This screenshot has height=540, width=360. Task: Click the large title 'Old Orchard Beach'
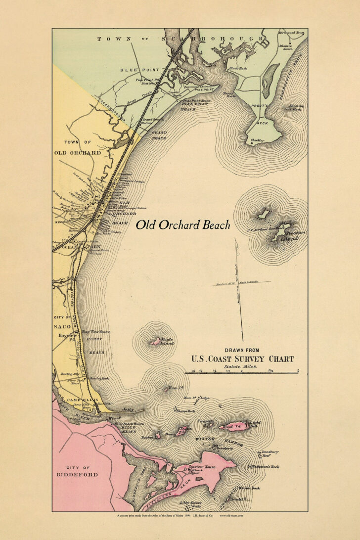pyautogui.click(x=183, y=225)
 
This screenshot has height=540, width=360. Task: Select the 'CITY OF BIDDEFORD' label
pyautogui.click(x=83, y=471)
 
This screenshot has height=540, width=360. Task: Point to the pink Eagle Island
pyautogui.click(x=155, y=341)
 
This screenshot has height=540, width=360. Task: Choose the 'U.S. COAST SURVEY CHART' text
pyautogui.click(x=242, y=359)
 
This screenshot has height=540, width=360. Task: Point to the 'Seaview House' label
pyautogui.click(x=201, y=467)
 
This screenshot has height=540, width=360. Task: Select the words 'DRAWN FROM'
pyautogui.click(x=242, y=350)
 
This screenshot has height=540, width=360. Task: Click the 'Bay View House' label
pyautogui.click(x=95, y=332)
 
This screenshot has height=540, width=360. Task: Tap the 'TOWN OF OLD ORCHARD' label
pyautogui.click(x=78, y=147)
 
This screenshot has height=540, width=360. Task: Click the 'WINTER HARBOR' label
pyautogui.click(x=222, y=441)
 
